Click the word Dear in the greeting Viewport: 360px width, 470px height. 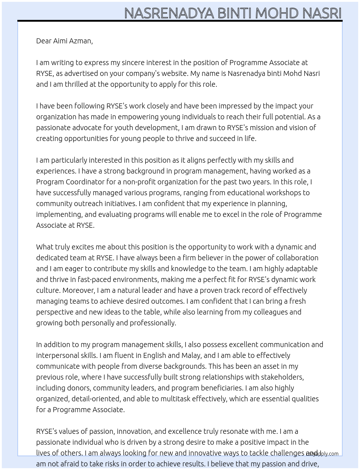[x=44, y=41]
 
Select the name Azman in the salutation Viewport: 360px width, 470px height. [x=83, y=41]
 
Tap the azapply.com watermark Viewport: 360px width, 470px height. [x=322, y=454]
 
